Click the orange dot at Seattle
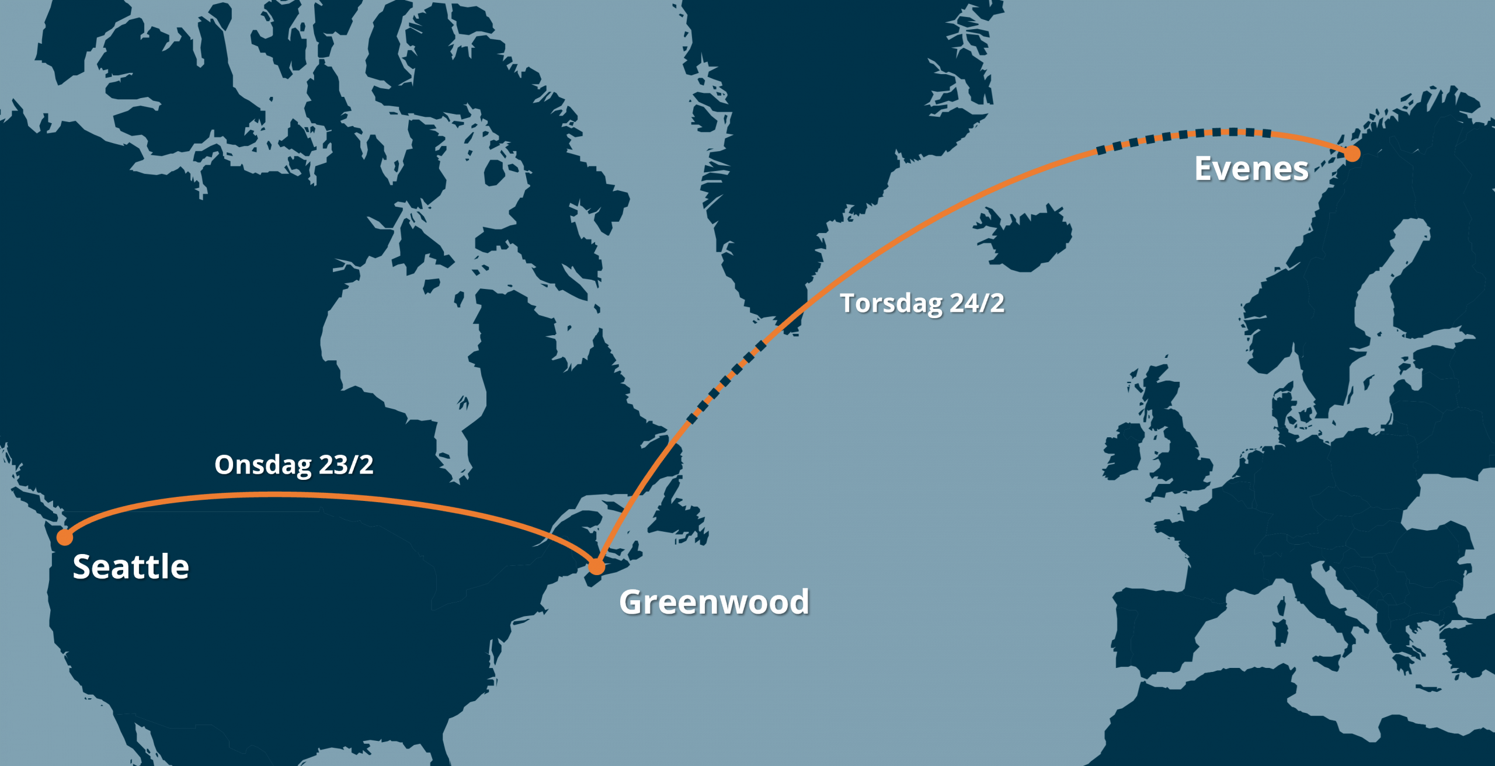(65, 537)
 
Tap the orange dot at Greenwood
(596, 566)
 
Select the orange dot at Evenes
(1353, 154)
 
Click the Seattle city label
(131, 566)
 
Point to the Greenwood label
(714, 602)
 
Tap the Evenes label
(1251, 169)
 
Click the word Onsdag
(263, 465)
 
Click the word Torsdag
(891, 304)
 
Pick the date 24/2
(977, 303)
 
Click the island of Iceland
(1025, 239)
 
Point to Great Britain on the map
(1180, 450)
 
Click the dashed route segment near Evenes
(1185, 135)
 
